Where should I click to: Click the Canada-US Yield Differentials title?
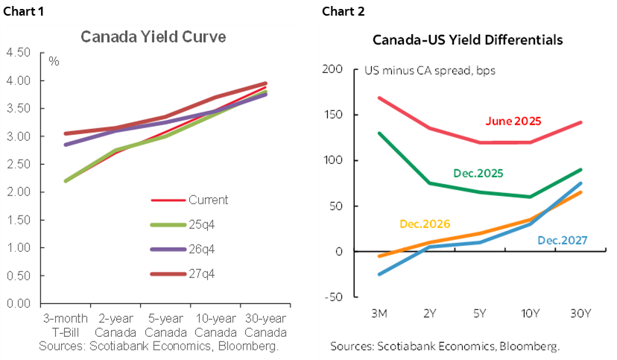coord(467,39)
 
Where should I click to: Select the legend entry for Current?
coord(209,200)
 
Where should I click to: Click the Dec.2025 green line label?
coord(478,173)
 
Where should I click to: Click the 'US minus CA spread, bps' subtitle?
coord(429,72)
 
